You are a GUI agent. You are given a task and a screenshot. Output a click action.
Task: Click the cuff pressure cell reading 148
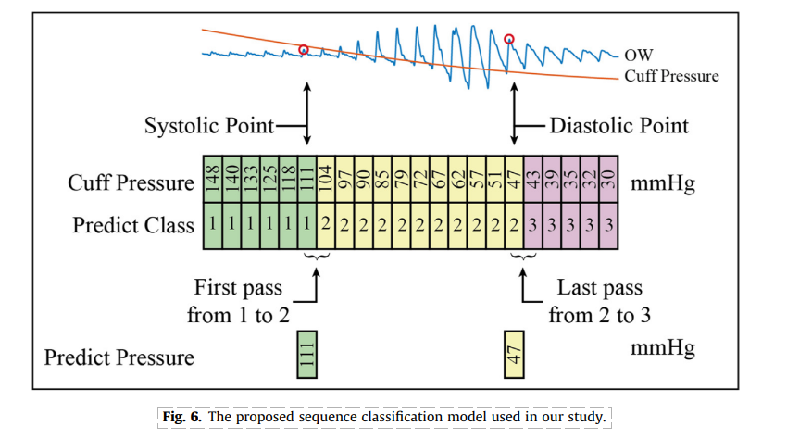212,179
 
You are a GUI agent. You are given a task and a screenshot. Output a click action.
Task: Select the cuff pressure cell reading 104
326,179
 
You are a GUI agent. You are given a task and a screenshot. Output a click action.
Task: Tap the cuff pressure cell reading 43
533,179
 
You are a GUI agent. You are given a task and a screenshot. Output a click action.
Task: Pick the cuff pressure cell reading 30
609,179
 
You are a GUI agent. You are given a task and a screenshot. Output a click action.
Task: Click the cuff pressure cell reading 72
420,179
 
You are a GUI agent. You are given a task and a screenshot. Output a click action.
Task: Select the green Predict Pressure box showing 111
307,354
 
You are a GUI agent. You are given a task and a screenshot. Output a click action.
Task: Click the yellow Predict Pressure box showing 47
514,354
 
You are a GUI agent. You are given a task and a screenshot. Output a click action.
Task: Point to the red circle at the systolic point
303,50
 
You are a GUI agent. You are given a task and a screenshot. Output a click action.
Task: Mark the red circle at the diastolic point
509,39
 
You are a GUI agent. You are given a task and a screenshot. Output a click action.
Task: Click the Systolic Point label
209,126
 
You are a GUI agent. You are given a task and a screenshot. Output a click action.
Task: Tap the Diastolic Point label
619,126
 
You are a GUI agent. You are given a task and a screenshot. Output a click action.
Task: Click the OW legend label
639,55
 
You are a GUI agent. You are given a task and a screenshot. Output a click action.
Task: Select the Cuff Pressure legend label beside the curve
671,76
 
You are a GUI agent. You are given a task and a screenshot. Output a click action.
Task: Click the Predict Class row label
133,225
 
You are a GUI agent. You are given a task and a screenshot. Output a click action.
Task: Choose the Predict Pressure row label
119,357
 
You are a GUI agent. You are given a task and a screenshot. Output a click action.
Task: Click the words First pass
238,287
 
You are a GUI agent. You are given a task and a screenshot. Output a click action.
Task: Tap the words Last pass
600,287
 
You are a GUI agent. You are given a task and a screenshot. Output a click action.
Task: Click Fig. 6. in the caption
181,417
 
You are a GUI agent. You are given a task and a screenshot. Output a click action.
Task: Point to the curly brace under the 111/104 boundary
317,257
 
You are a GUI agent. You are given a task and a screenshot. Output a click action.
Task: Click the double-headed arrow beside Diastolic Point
514,114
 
